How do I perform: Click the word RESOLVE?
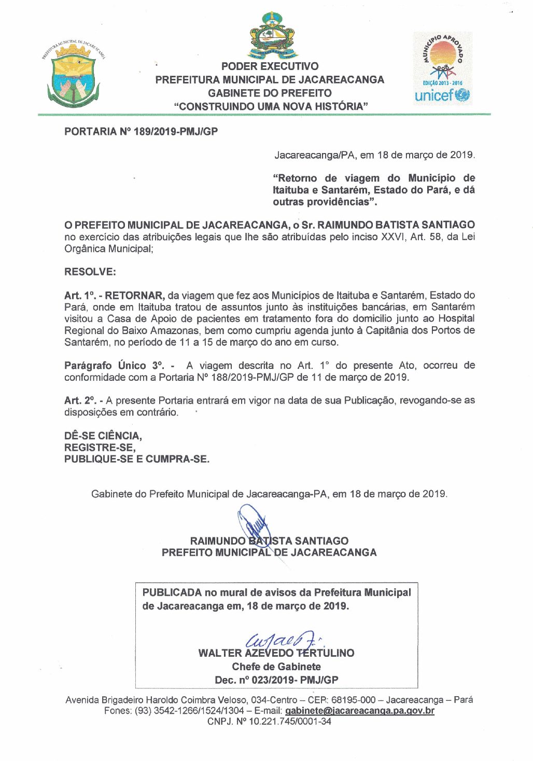[x=90, y=272]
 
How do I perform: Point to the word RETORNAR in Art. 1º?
[x=134, y=296]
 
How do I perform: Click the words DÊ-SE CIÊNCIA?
[x=103, y=436]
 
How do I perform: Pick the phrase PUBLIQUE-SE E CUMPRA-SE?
[x=136, y=459]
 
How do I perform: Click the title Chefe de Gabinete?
[x=276, y=667]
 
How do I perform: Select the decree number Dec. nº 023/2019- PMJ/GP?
[x=276, y=680]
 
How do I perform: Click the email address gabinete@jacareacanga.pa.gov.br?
[x=359, y=711]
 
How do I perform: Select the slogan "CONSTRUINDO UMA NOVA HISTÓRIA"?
[x=271, y=106]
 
